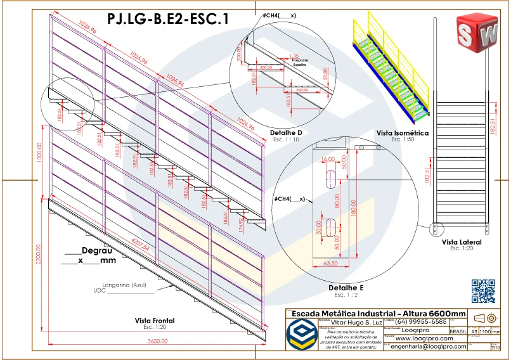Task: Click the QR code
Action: click(483, 291)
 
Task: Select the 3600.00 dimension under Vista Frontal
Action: click(157, 341)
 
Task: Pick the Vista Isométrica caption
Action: click(403, 133)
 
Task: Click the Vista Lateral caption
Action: click(462, 242)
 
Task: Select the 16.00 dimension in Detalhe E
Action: click(328, 159)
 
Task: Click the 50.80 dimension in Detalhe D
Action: click(325, 74)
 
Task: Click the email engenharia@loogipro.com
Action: click(429, 346)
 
